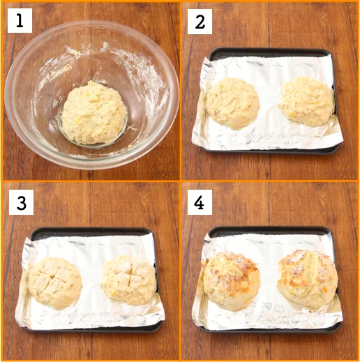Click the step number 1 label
pos(20,20)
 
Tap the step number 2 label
pos(200,22)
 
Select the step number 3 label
pos(21,202)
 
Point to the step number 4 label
pos(200,202)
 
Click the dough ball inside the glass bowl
pos(94,113)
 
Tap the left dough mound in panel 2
pos(232,103)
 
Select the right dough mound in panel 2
pos(306,101)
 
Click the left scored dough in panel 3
pos(55,282)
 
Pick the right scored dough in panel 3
pos(129,280)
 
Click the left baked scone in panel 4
pos(232,280)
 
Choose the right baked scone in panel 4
pos(308,279)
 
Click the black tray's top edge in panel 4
pos(270,229)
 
